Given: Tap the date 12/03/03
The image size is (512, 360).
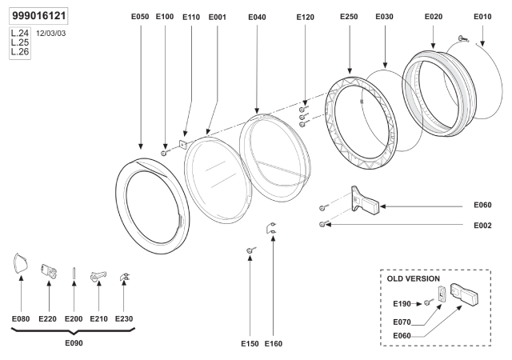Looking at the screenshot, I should (52, 35).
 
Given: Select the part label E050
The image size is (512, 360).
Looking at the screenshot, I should (140, 16).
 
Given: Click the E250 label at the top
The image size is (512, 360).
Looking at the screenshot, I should (349, 16).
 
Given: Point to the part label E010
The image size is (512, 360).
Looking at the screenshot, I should (482, 16).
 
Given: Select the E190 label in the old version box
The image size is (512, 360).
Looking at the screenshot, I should (402, 304).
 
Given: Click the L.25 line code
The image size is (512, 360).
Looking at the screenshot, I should (18, 43).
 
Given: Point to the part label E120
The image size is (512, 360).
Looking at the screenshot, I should (306, 16).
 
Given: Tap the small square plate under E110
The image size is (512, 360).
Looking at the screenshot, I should (183, 145).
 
